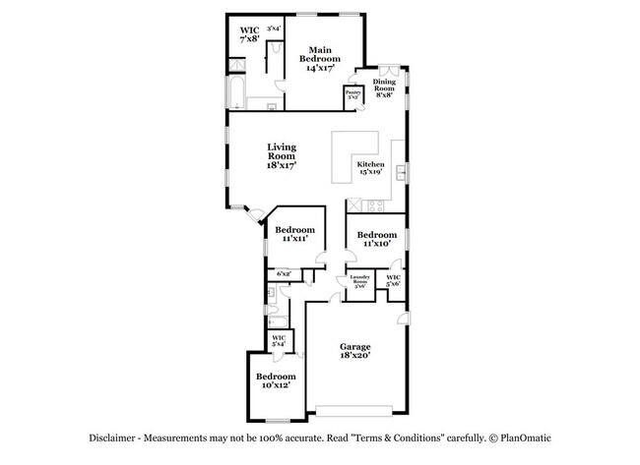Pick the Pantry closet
click(x=352, y=96)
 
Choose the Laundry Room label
click(x=359, y=282)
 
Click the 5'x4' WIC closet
click(x=278, y=342)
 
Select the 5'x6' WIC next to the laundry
click(x=394, y=282)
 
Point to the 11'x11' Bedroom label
click(x=294, y=234)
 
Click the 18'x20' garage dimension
click(x=355, y=359)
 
